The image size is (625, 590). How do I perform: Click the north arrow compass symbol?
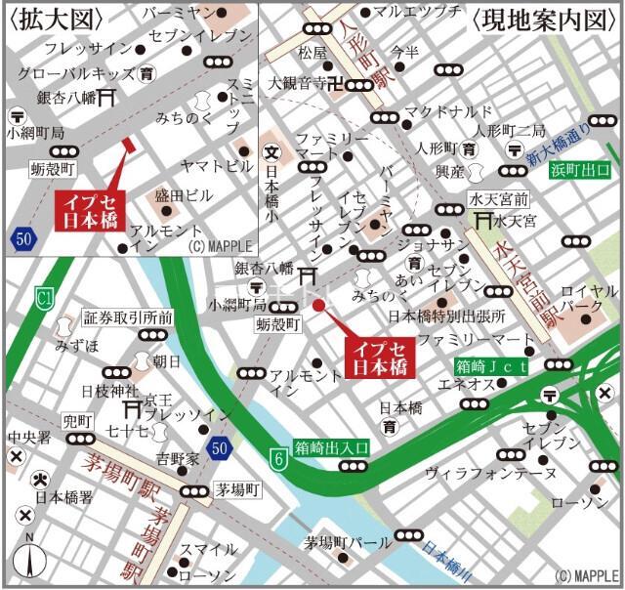point(28,561)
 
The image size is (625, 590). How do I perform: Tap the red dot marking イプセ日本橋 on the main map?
point(318,306)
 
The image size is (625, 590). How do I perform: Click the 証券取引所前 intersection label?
point(128,317)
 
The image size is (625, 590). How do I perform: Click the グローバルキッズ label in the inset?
point(78,72)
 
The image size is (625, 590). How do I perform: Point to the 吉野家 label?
point(178,458)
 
